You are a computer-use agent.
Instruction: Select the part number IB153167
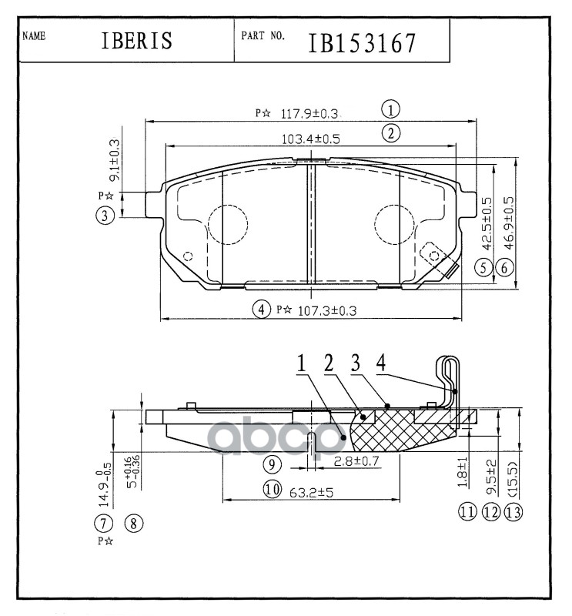tap(362, 44)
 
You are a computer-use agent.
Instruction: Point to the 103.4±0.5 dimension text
tap(310, 139)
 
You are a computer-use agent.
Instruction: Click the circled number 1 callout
tap(392, 109)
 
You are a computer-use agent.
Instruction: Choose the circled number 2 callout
tap(392, 133)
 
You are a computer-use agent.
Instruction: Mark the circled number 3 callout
tap(105, 216)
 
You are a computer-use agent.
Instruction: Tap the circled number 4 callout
tap(262, 310)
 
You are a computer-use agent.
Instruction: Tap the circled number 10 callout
tap(270, 489)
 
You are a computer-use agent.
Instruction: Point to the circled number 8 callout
tap(133, 524)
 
